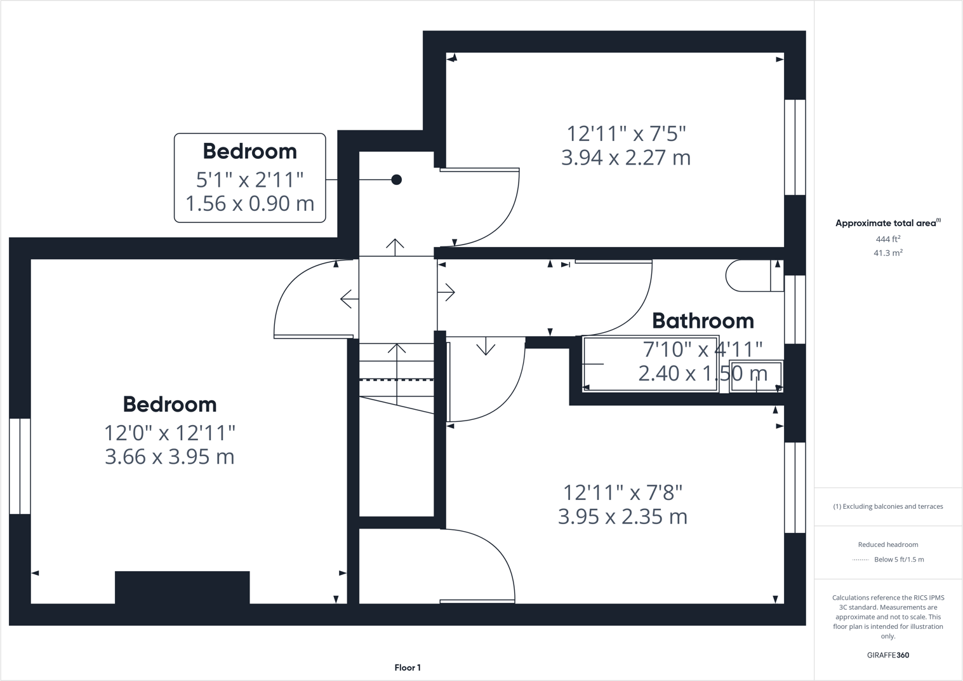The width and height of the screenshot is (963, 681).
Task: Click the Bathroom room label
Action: click(703, 321)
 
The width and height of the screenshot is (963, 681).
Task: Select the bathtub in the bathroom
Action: click(651, 363)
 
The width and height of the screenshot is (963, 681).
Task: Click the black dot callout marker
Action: click(396, 180)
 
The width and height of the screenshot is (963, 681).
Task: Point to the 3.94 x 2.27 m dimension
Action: click(625, 158)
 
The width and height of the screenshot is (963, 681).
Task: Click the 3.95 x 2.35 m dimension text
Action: click(622, 516)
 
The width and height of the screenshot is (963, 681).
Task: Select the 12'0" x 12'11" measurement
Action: click(169, 433)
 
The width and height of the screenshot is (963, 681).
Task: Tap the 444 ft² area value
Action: click(887, 239)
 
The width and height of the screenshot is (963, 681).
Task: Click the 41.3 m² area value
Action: click(887, 253)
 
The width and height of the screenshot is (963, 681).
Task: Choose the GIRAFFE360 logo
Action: click(887, 655)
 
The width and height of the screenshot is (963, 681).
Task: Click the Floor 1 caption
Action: click(408, 668)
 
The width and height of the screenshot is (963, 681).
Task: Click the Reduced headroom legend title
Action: click(887, 544)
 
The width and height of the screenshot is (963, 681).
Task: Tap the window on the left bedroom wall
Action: click(20, 466)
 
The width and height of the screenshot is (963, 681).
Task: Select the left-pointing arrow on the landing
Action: click(347, 299)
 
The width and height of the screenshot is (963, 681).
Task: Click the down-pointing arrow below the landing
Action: click(486, 346)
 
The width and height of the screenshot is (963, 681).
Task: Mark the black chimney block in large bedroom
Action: click(182, 587)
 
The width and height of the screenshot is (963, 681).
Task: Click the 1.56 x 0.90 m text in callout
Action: click(249, 204)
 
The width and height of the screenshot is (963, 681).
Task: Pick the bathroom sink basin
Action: click(755, 376)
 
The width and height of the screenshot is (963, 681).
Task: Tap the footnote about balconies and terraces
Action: click(887, 506)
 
